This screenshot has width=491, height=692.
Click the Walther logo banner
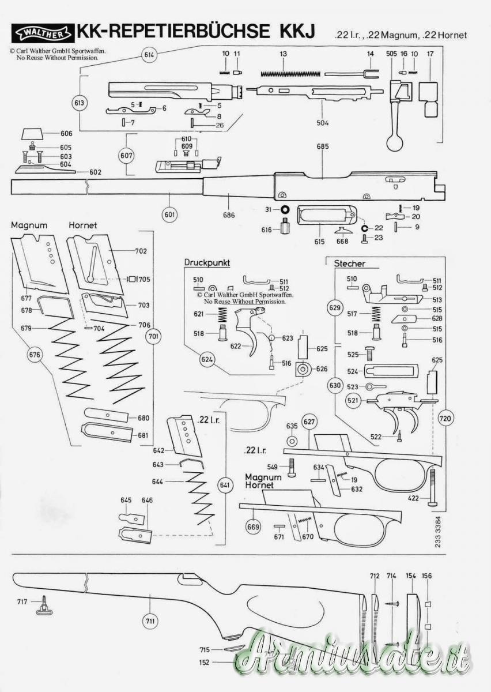point(43,33)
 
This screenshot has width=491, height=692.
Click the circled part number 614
point(149,55)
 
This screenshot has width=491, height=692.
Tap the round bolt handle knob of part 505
point(395,143)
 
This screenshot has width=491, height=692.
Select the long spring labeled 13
point(290,74)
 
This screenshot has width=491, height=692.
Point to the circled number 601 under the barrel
point(169,214)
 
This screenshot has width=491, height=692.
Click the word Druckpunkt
point(207,263)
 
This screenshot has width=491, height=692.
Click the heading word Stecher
point(349,264)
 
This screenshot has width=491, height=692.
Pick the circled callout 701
point(153,336)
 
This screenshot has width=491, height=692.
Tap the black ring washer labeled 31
point(285,209)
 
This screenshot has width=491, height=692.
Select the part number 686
point(229,215)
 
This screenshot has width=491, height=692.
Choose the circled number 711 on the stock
point(150,620)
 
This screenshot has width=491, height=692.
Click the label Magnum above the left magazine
point(29,225)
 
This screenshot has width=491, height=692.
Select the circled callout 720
point(445,419)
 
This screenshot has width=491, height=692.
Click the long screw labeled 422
point(432,487)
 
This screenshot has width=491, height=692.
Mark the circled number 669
point(253,526)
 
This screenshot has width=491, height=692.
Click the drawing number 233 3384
point(437,531)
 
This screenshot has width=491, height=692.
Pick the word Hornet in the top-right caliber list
point(452,35)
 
